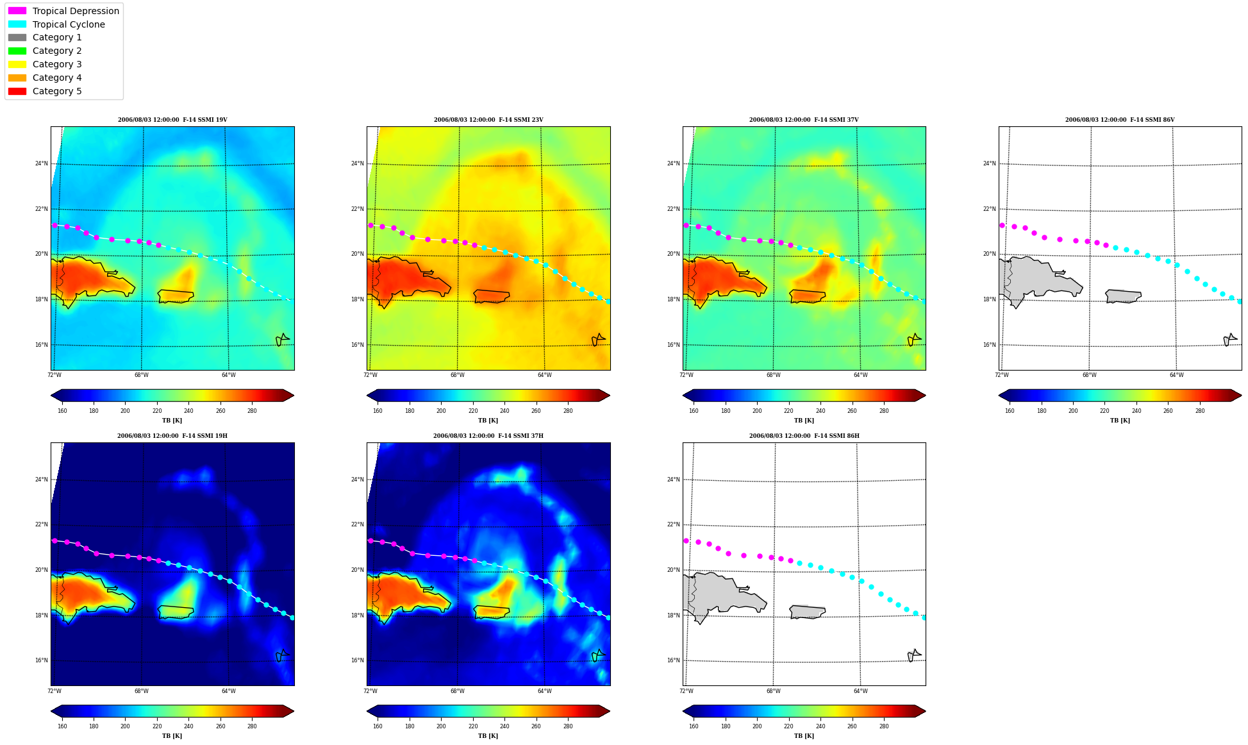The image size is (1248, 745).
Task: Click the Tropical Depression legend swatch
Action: pyautogui.click(x=17, y=11)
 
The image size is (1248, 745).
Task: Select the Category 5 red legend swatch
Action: pyautogui.click(x=17, y=91)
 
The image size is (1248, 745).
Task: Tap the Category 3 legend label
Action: pyautogui.click(x=57, y=64)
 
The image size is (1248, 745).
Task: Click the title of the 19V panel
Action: pyautogui.click(x=172, y=120)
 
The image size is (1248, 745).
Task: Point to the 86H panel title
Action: pyautogui.click(x=804, y=436)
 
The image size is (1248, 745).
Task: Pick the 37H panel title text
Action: pyautogui.click(x=488, y=436)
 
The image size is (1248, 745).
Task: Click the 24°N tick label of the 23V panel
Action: pyautogui.click(x=357, y=163)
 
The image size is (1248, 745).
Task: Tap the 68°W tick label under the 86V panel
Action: pyautogui.click(x=1089, y=375)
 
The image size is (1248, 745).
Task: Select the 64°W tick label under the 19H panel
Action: pyautogui.click(x=228, y=691)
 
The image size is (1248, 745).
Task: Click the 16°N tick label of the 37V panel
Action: pyautogui.click(x=673, y=345)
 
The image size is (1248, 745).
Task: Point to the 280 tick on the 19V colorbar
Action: pyautogui.click(x=252, y=411)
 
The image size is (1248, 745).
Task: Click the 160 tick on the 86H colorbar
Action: pyautogui.click(x=694, y=726)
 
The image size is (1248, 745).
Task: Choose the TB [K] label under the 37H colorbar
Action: pyautogui.click(x=488, y=736)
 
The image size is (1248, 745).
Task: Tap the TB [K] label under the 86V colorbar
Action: pyautogui.click(x=1120, y=421)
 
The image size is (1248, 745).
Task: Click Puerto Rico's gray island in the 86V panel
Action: pyautogui.click(x=1123, y=296)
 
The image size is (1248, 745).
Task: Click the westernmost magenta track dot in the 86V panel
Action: pyautogui.click(x=1002, y=225)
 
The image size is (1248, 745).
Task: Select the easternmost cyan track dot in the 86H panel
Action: pyautogui.click(x=924, y=617)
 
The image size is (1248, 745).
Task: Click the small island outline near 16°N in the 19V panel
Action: pyautogui.click(x=282, y=340)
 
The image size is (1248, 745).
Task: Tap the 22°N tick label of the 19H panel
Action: pyautogui.click(x=41, y=524)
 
